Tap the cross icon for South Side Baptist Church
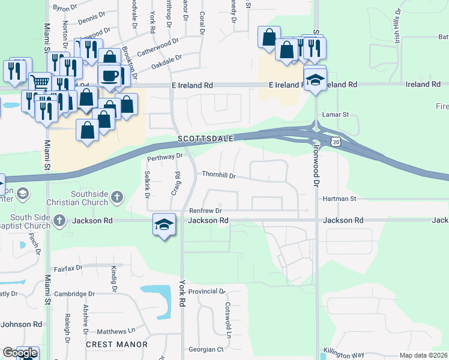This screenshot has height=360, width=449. tap(59, 220)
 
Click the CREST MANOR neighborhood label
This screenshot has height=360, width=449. tap(116, 344)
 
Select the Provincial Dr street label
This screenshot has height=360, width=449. tap(206, 291)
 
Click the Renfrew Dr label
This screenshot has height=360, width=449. tap(205, 211)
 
